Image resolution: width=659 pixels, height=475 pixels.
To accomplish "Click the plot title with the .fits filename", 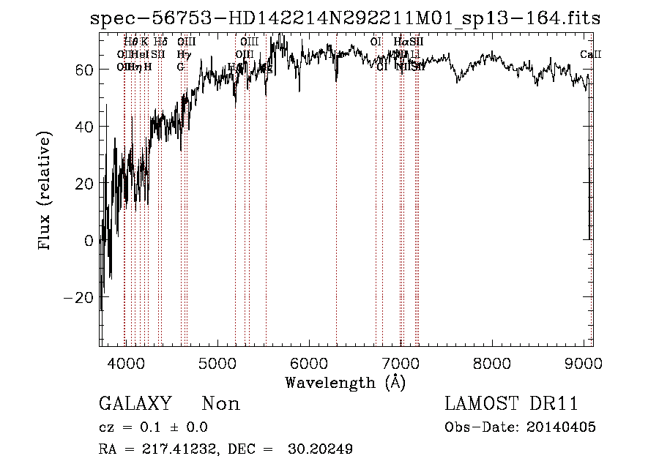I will tap(345, 18).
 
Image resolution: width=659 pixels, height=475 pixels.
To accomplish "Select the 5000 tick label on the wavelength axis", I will tap(217, 364).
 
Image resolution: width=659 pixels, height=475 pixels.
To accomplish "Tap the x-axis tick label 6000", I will tap(308, 364).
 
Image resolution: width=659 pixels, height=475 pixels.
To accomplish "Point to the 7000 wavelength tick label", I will tap(401, 364).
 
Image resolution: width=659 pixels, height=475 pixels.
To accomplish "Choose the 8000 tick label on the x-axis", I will tap(492, 364).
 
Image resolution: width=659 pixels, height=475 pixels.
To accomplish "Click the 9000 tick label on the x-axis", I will tap(584, 364).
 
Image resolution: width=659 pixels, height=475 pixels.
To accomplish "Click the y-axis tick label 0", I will tap(88, 241).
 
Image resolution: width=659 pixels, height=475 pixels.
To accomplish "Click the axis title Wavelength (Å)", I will tap(345, 382).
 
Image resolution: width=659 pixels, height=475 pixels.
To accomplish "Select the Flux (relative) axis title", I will tap(45, 192).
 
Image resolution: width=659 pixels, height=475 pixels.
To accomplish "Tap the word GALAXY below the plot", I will tap(135, 404).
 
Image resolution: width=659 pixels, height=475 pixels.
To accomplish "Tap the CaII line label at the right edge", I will tap(590, 55).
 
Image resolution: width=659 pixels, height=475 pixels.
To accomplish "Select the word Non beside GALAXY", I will tap(221, 404).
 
